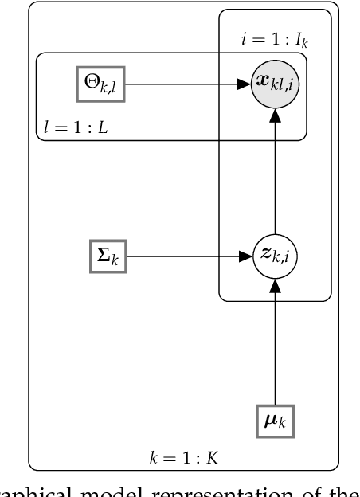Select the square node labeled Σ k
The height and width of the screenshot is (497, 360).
[x=108, y=257]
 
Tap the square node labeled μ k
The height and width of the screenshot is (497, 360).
[x=275, y=419]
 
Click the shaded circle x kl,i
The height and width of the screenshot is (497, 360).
[x=275, y=83]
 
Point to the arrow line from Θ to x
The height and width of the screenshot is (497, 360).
[x=183, y=82]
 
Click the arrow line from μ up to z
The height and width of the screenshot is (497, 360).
[x=275, y=342]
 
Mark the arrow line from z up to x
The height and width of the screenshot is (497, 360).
[x=275, y=175]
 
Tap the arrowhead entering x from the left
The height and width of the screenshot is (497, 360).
[x=245, y=82]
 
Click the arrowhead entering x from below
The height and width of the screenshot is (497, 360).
[x=275, y=113]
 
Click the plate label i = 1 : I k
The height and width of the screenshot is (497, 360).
[x=273, y=37]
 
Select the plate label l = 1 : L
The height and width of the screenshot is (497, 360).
[x=72, y=127]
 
